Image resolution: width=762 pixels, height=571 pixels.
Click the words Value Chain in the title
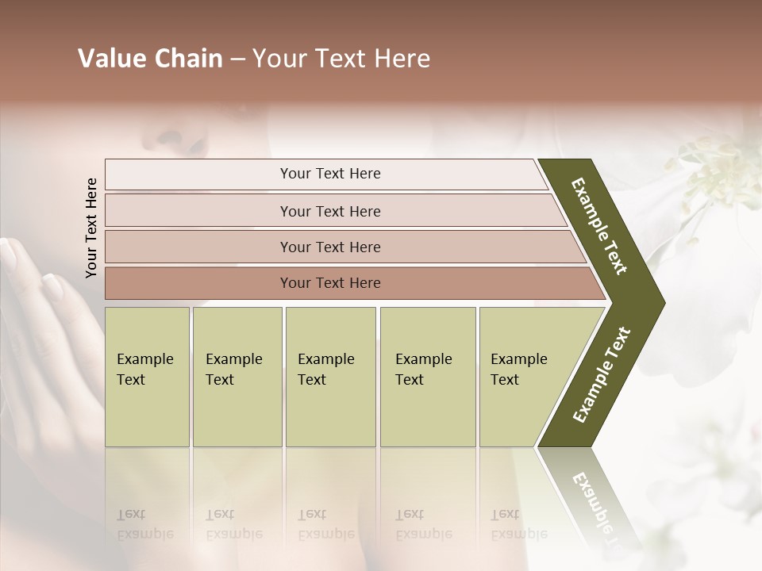[150, 59]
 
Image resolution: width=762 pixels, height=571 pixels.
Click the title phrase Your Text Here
[341, 59]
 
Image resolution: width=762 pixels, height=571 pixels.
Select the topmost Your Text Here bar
[329, 174]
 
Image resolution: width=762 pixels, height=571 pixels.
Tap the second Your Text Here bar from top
[329, 211]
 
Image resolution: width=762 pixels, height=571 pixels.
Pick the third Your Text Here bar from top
[329, 247]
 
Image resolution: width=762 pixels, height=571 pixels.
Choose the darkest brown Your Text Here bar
[329, 283]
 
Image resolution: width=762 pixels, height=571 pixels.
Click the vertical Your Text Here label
[91, 228]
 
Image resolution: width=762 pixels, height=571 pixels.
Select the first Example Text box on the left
[147, 377]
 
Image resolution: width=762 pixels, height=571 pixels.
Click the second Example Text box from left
[237, 377]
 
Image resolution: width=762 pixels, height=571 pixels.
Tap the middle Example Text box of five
[330, 377]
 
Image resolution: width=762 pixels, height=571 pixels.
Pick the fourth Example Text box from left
[427, 377]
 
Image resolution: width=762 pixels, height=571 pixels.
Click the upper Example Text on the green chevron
[599, 226]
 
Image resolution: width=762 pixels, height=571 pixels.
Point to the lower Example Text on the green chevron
[602, 374]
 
